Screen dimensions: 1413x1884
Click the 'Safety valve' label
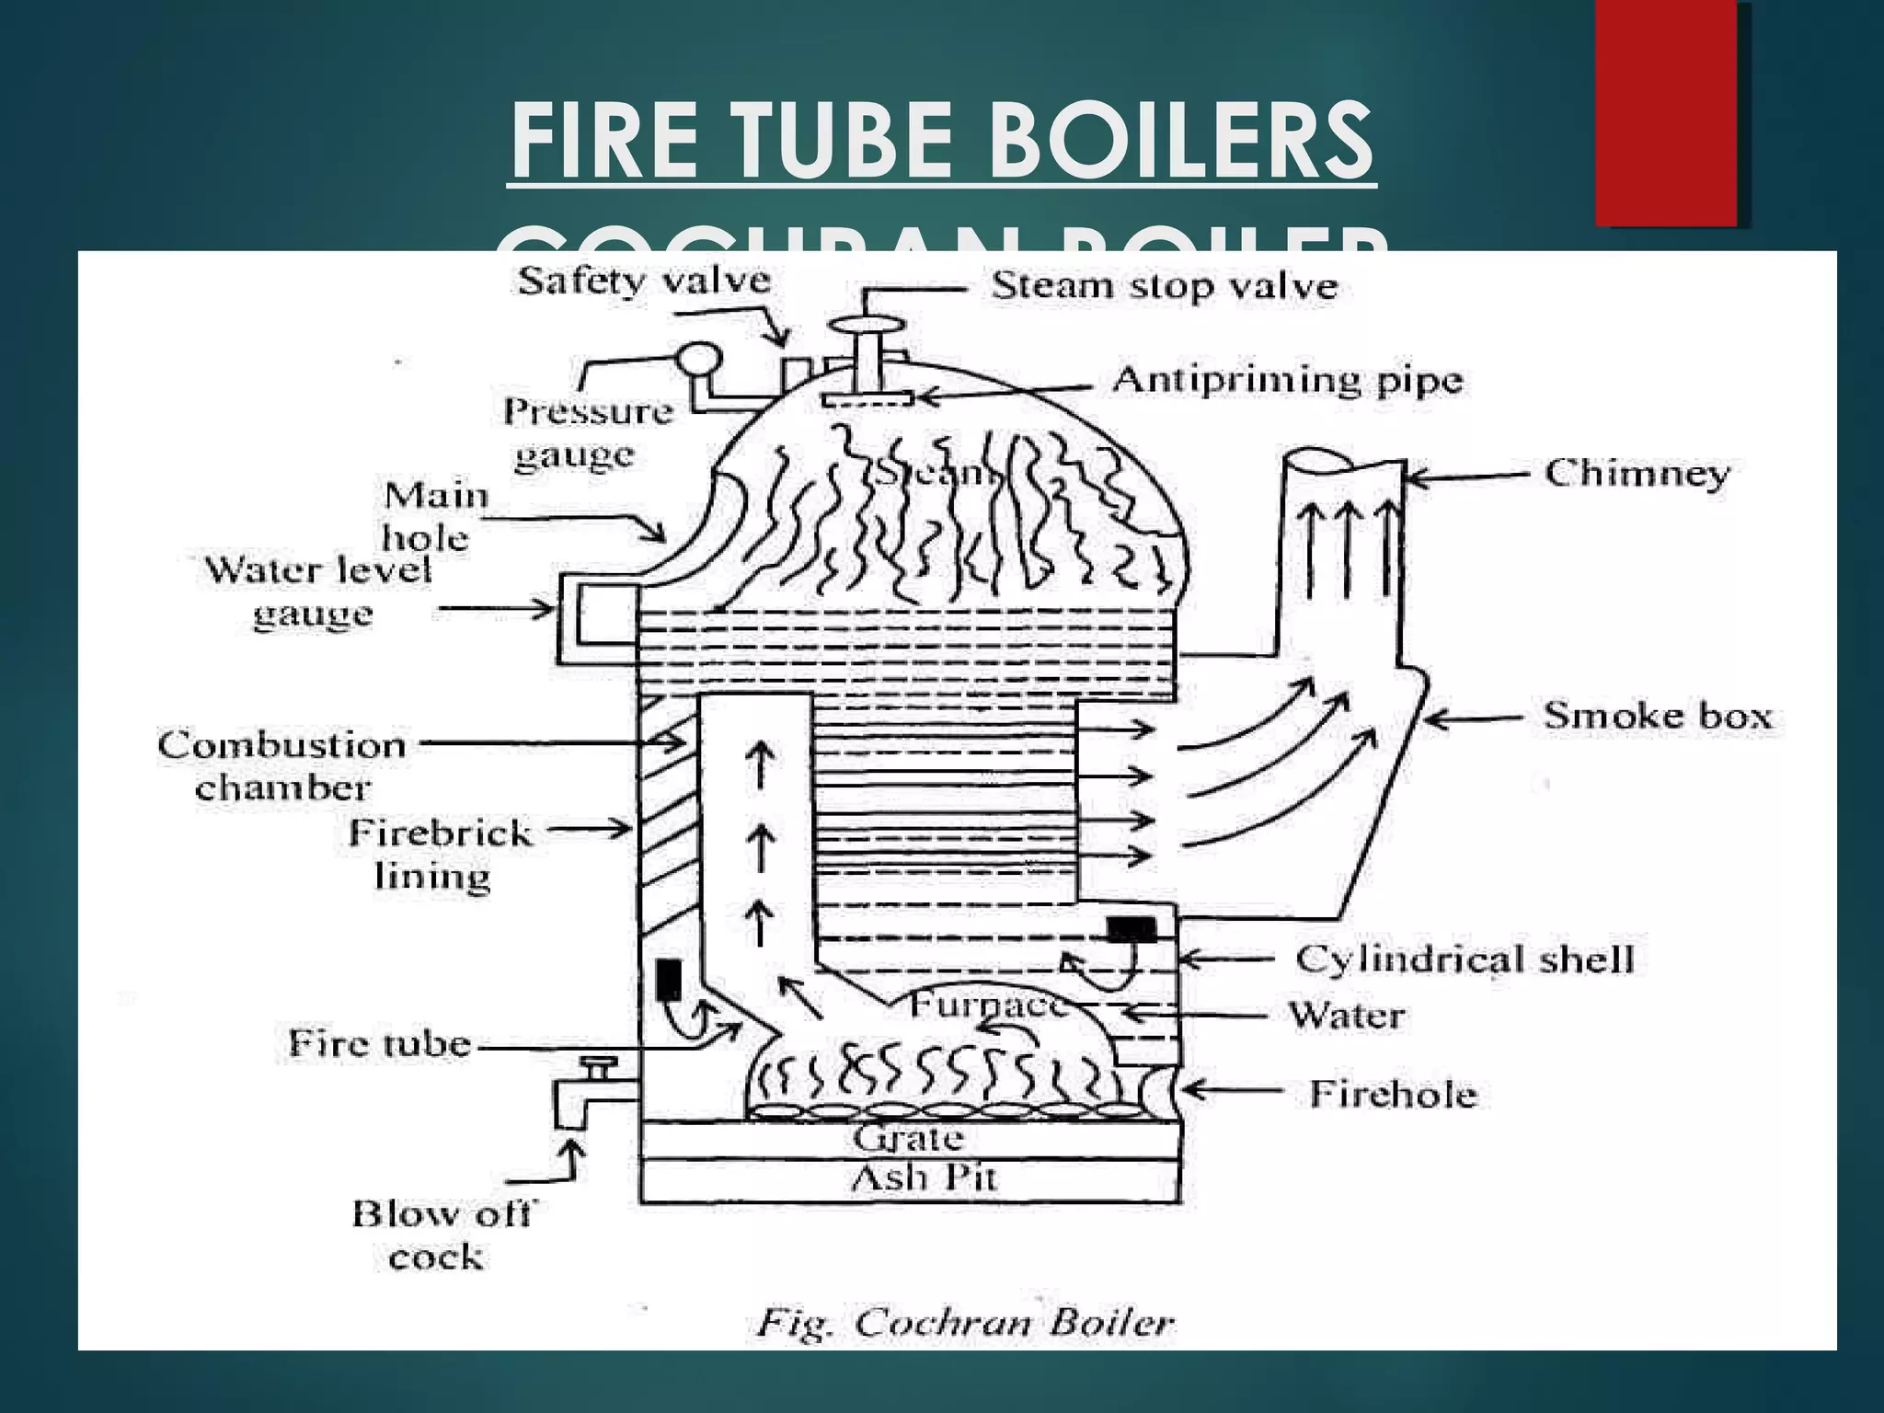[x=644, y=281]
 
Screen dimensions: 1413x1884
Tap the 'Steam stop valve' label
[x=1164, y=286]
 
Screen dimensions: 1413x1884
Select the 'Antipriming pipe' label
[x=1287, y=380]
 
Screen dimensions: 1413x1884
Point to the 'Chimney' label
[x=1637, y=473]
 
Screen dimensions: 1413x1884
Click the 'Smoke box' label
[x=1657, y=716]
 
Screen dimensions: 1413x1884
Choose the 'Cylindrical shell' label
[x=1465, y=959]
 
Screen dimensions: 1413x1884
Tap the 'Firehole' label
[x=1392, y=1094]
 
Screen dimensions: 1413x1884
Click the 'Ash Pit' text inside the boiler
[x=923, y=1178]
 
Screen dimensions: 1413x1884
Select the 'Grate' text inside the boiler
[x=908, y=1139]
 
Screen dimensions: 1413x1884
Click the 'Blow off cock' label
[x=440, y=1235]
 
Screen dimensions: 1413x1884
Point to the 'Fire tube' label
[x=379, y=1043]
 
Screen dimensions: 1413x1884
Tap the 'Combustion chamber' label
[x=281, y=765]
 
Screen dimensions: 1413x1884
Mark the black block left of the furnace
[x=669, y=980]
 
